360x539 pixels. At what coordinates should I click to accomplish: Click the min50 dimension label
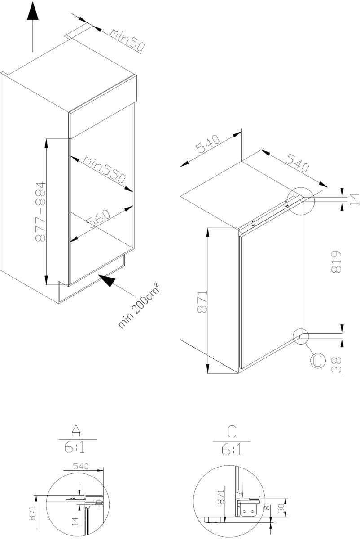127,40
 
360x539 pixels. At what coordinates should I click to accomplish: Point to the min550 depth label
105,170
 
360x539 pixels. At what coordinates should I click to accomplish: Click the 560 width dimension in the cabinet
98,218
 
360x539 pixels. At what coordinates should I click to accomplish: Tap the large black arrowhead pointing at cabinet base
107,281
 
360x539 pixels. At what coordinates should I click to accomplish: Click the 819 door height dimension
336,262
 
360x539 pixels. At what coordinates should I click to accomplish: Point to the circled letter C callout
318,360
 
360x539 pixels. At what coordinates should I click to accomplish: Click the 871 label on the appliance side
202,301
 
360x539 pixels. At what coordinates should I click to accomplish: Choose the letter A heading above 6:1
76,430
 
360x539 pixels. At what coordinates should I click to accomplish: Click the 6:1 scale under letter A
75,447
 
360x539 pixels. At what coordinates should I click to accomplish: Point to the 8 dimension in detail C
266,507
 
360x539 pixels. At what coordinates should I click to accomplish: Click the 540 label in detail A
81,466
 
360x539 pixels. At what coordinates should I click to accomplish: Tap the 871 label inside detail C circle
220,497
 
